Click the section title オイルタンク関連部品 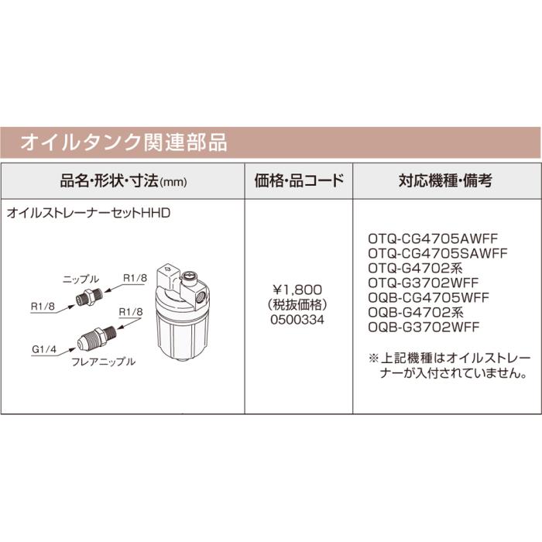(x=123, y=142)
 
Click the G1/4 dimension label (x=43, y=349)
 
